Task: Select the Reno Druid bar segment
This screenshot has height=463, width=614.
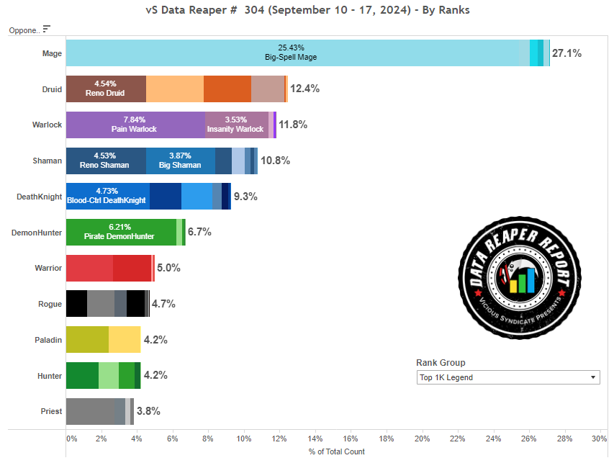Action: [106, 89]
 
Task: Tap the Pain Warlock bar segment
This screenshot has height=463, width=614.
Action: [135, 125]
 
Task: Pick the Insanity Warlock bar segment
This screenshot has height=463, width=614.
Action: [236, 125]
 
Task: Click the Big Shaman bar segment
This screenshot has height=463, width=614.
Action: [180, 160]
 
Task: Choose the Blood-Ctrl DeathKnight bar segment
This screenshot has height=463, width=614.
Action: [107, 196]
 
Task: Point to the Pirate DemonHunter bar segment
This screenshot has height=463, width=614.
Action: [121, 232]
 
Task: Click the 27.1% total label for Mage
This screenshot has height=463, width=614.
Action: [566, 53]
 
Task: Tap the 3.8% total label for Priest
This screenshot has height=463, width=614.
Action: [148, 411]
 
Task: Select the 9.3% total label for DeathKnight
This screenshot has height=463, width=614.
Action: [245, 196]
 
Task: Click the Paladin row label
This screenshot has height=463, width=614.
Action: [48, 340]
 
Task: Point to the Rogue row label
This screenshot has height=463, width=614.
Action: [50, 304]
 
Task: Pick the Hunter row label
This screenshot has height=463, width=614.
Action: [50, 376]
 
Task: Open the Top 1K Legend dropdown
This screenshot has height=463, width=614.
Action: [507, 377]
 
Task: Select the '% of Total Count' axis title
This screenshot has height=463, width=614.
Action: [337, 451]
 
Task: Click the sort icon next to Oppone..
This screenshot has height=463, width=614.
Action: [47, 30]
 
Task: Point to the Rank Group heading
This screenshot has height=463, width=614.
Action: [441, 363]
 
